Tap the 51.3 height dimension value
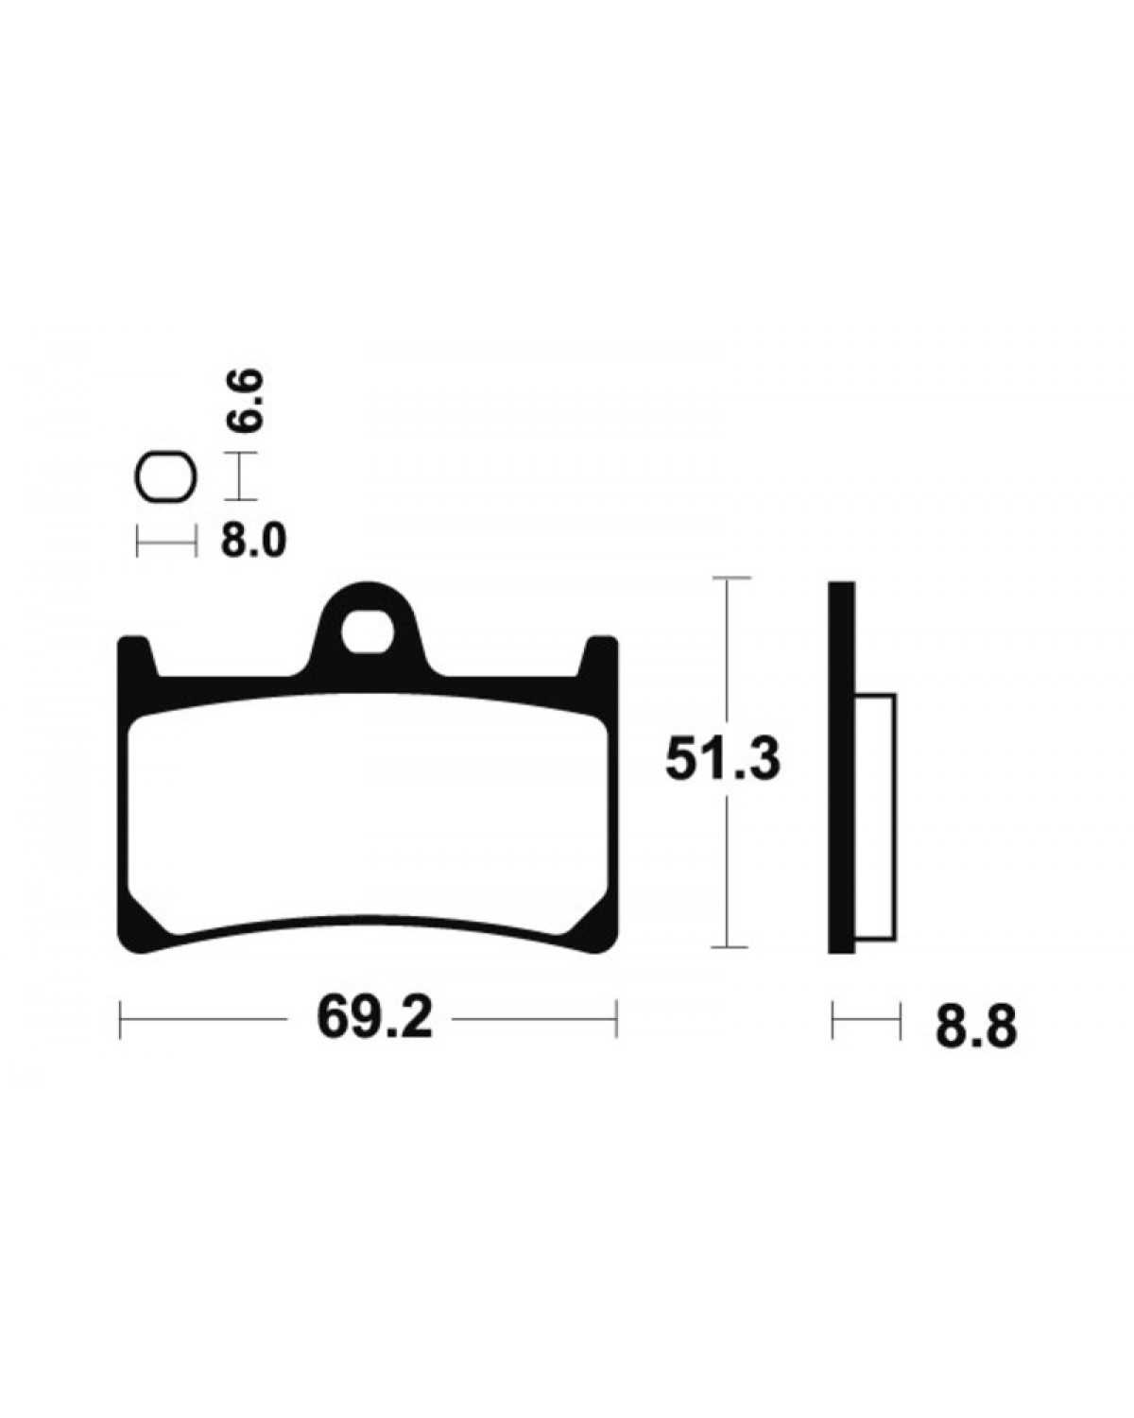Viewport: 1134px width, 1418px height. click(x=723, y=760)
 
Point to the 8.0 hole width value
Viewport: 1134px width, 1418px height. click(x=253, y=542)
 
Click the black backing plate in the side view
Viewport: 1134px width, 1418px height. click(x=841, y=767)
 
